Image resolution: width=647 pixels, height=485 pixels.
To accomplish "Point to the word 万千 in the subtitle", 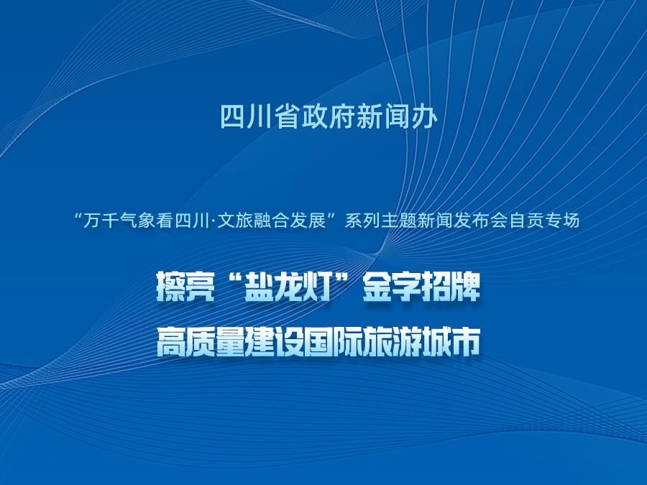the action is pos(99,221).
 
